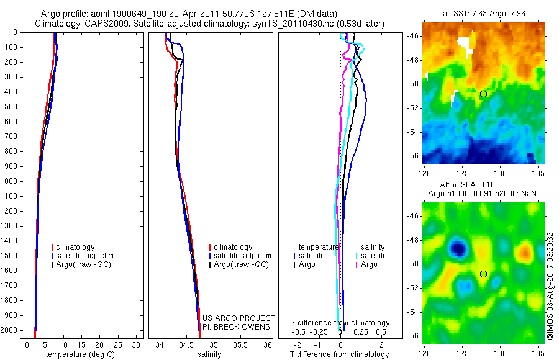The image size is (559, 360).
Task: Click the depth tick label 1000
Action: coord(9,181)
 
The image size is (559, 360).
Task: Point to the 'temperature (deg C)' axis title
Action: coord(80,354)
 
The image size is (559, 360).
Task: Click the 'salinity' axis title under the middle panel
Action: coord(209,354)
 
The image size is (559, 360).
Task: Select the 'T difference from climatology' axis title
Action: coord(339,354)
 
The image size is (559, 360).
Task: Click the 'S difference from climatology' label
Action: coord(340,323)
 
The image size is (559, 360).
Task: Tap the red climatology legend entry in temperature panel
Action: coord(73,247)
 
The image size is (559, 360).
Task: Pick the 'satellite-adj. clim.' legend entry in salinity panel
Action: coord(241,256)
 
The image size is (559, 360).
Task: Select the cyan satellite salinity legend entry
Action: coord(371,256)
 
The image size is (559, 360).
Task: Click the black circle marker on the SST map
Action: coord(483,94)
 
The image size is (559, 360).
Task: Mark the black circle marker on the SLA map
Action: coord(483,274)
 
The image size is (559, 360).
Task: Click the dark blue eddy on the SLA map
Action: coord(458,248)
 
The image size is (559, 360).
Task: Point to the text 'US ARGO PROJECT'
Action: coord(239,318)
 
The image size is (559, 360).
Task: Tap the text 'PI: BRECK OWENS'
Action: coord(236,327)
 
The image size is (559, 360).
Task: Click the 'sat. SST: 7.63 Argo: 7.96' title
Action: coord(482,14)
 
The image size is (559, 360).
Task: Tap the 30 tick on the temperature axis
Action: coord(136,345)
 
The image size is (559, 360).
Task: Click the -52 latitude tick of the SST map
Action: coord(413,108)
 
